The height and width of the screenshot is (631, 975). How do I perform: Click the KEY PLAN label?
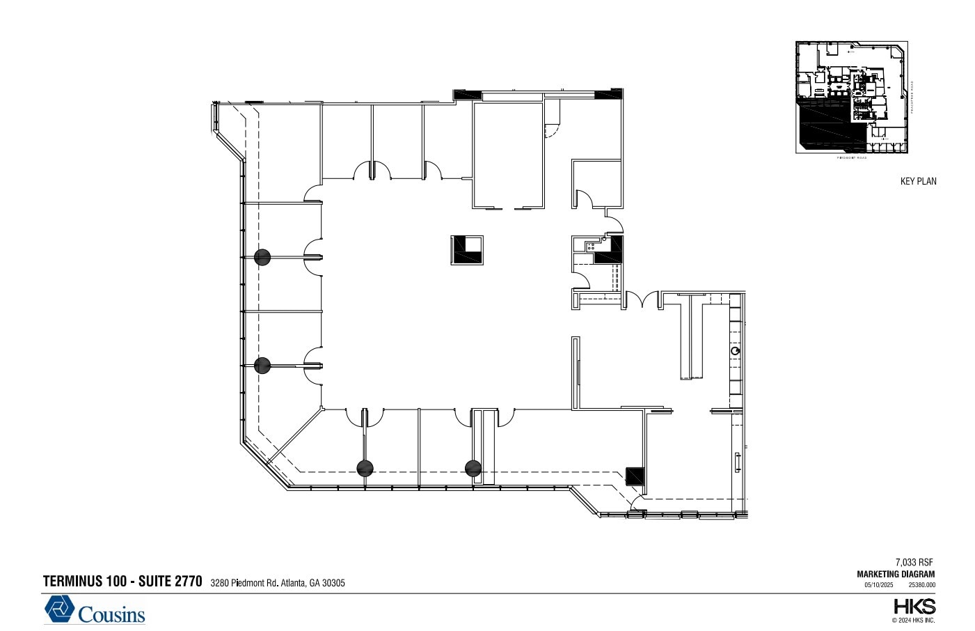918,181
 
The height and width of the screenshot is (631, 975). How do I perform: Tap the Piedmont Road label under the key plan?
851,157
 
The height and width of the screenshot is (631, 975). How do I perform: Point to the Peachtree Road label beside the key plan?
912,98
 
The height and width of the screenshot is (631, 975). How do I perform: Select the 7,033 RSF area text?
914,562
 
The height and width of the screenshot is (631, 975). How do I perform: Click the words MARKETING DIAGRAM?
896,575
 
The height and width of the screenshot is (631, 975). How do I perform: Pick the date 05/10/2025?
878,585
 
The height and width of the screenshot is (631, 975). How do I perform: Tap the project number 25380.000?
922,585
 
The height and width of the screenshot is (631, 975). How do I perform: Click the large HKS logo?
914,606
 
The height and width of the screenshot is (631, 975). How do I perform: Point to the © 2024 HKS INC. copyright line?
913,620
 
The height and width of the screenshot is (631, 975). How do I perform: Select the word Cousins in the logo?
111,614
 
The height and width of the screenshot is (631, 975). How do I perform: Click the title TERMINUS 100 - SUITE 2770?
122,582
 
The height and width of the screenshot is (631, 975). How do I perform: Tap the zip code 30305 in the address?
333,583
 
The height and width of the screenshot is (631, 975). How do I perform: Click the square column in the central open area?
467,250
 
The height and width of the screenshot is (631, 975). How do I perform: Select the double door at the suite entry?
642,300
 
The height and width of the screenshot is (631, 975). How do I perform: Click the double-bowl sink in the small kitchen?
590,245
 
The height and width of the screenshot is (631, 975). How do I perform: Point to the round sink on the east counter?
735,351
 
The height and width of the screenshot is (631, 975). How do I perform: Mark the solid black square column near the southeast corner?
635,476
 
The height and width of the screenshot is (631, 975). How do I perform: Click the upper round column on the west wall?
262,258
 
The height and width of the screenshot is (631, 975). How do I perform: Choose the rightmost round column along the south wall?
473,468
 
